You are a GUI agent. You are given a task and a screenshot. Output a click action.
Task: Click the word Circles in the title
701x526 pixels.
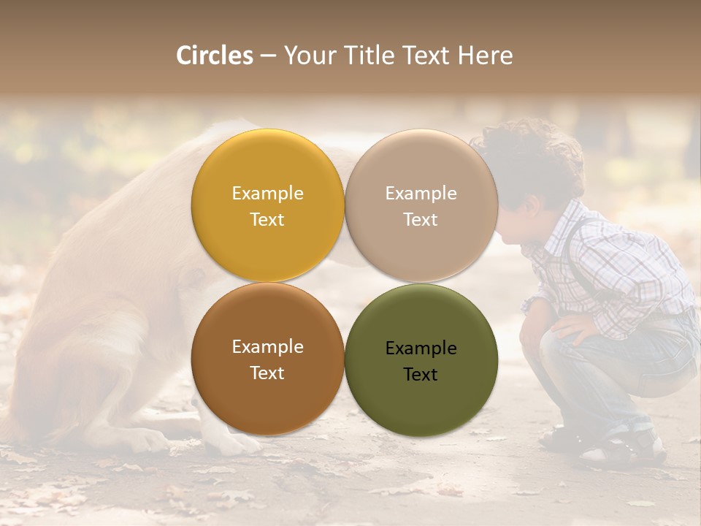[215, 56]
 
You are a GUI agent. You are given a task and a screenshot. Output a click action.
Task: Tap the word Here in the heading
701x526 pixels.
[485, 56]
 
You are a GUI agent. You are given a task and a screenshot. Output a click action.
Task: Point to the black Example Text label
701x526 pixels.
[421, 361]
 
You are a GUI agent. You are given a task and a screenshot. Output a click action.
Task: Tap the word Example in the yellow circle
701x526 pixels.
[267, 193]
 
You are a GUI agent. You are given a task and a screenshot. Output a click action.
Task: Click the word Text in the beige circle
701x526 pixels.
[421, 219]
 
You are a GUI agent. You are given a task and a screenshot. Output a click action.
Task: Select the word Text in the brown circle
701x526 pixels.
[267, 373]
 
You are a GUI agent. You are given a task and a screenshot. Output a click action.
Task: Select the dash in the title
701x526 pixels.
[268, 56]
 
